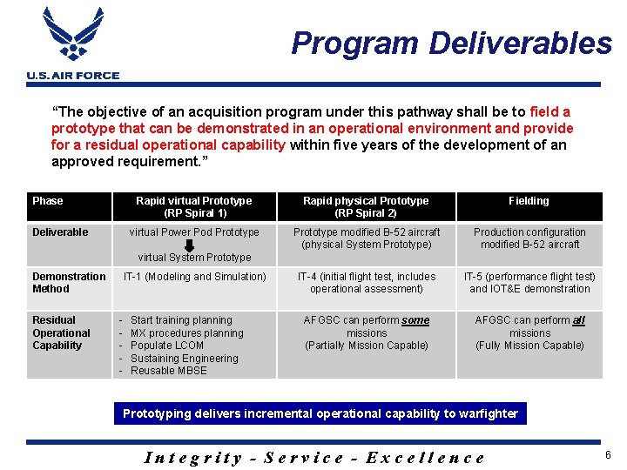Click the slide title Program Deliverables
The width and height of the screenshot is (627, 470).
(x=451, y=43)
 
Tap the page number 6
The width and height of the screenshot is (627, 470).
(x=607, y=456)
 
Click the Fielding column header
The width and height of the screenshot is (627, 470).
(x=529, y=201)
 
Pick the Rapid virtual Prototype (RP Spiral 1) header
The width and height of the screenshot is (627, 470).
(x=194, y=207)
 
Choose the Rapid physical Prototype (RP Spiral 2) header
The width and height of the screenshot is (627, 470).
(x=366, y=207)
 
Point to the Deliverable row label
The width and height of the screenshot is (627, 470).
(x=60, y=232)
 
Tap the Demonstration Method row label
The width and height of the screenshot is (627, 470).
(x=69, y=283)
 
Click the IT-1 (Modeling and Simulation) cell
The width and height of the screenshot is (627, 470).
(x=194, y=277)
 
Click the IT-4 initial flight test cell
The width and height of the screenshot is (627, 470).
(x=367, y=283)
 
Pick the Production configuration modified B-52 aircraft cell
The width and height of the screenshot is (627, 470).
(x=529, y=238)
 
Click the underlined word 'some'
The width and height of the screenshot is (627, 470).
(x=415, y=320)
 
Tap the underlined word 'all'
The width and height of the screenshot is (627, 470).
(x=578, y=320)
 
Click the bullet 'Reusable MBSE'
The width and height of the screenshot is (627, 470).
(x=169, y=371)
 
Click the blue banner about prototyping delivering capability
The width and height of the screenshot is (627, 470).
(x=320, y=413)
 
